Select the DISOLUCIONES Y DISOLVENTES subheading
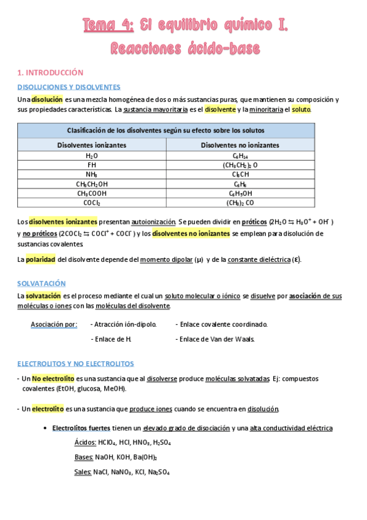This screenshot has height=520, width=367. tap(69, 87)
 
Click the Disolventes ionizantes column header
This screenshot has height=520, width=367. tap(92, 145)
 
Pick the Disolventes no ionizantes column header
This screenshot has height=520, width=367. tap(240, 145)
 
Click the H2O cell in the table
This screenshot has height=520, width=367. tap(92, 156)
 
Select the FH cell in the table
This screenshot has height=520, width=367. tap(92, 166)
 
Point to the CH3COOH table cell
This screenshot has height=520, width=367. tap(92, 193)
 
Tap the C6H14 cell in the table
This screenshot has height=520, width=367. tap(240, 156)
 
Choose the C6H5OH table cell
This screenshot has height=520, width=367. tap(240, 193)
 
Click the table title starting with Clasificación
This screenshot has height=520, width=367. tap(166, 131)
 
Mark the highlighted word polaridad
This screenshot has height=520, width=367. tap(40, 259)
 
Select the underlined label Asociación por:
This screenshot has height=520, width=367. tap(54, 324)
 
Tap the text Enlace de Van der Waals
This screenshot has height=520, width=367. tap(215, 339)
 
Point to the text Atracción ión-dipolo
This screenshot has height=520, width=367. tap(123, 324)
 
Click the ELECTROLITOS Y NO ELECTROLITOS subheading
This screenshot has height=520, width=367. tap(75, 364)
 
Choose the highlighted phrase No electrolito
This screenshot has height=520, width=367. tap(53, 379)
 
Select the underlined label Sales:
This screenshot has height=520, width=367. tap(83, 472)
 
